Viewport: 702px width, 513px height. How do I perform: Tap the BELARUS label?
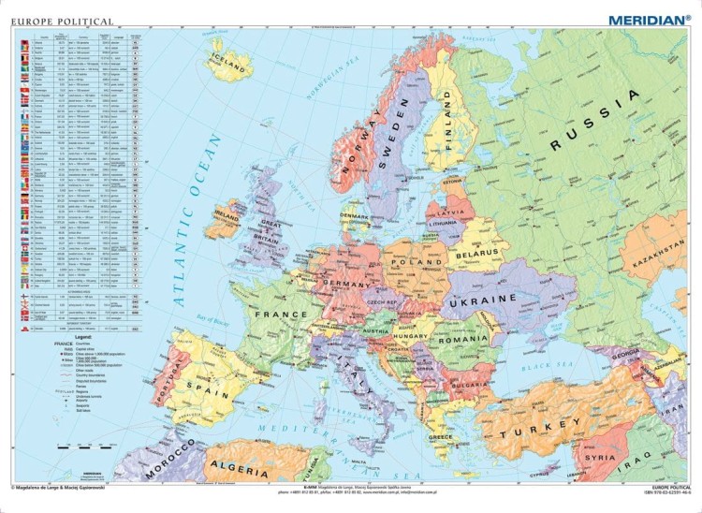click(x=476, y=253)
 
